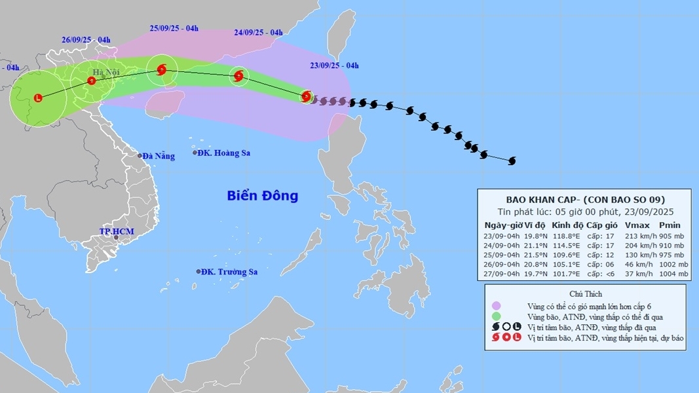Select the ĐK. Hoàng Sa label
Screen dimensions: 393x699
click(x=225, y=153)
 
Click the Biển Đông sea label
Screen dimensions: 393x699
click(x=262, y=195)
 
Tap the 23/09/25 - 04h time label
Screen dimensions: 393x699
click(x=334, y=65)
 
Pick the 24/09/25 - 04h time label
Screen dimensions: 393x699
click(x=258, y=32)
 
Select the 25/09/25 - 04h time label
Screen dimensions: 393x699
click(x=174, y=28)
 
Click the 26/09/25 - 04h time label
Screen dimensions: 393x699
click(x=86, y=40)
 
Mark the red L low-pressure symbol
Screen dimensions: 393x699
click(x=38, y=98)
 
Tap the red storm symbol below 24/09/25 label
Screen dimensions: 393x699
click(x=239, y=77)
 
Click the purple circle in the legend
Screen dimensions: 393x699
click(x=497, y=306)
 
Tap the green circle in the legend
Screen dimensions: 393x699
click(x=497, y=316)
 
